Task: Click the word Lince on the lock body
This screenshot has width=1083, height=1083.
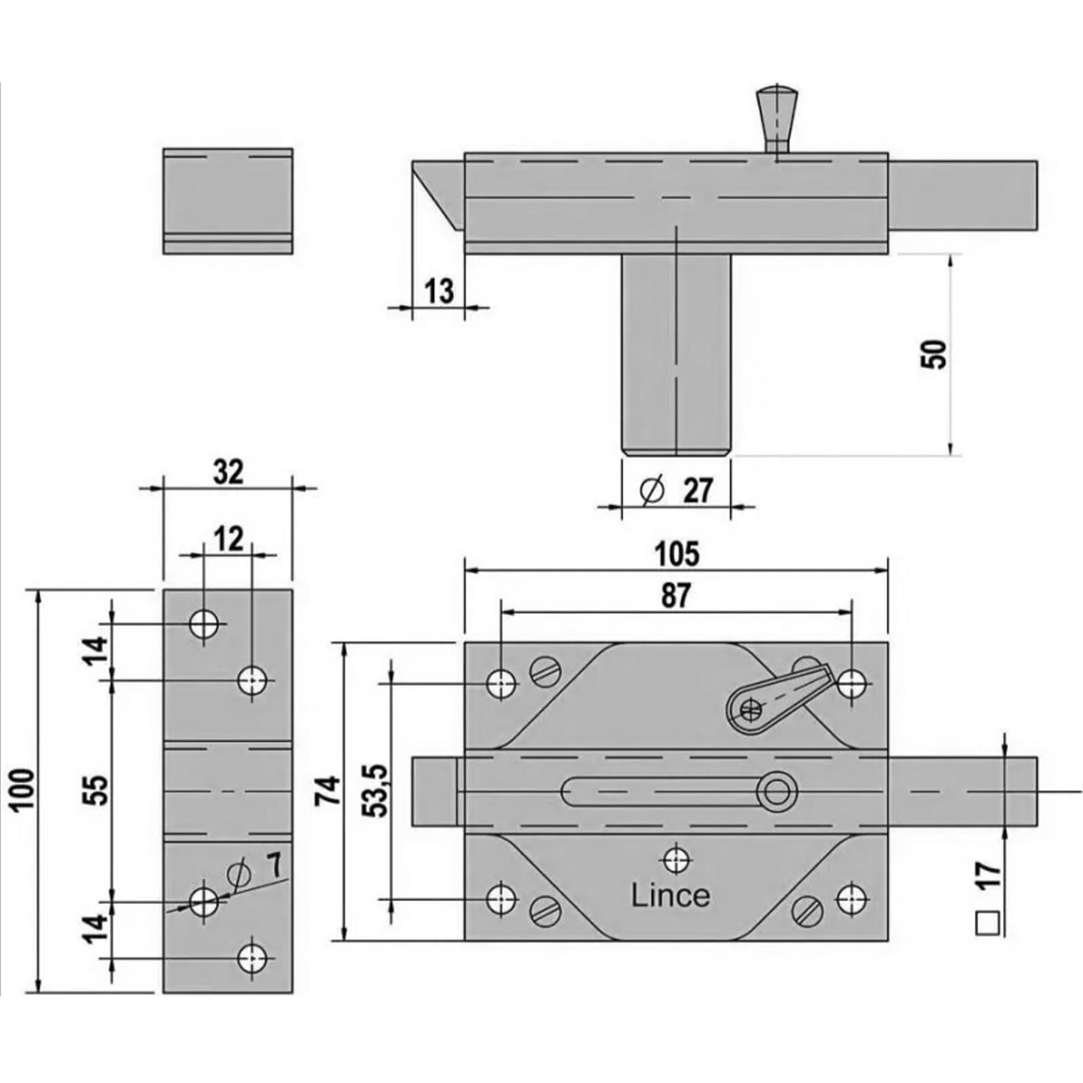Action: tap(671, 896)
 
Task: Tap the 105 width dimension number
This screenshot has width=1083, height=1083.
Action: tap(677, 554)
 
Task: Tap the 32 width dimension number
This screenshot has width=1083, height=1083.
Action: tap(229, 471)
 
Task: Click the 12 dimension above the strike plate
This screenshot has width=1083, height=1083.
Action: tap(229, 539)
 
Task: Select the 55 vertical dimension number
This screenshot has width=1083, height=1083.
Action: tap(98, 790)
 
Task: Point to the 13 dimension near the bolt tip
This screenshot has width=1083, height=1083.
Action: tap(439, 292)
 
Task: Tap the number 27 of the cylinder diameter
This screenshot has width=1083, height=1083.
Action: tap(698, 491)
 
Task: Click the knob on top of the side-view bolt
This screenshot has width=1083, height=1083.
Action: tap(776, 118)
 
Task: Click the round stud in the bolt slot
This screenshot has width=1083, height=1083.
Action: tap(776, 793)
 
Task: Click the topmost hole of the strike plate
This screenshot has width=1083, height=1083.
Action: tap(203, 624)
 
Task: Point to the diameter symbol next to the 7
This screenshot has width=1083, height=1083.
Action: tap(238, 874)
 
